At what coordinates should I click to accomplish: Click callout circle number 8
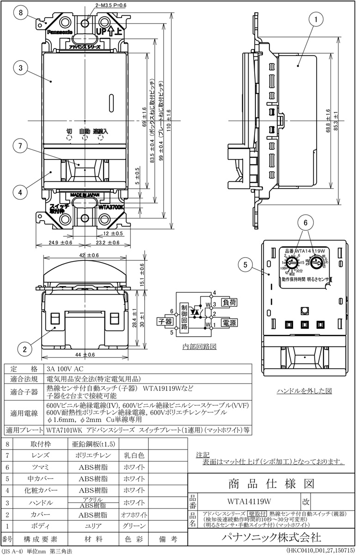(21, 13)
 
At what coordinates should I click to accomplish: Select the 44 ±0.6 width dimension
(84, 355)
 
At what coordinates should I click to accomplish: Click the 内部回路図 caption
(200, 345)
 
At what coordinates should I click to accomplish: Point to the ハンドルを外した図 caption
(304, 391)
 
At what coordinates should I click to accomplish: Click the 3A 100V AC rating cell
(66, 369)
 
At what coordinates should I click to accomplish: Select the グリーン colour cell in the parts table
(134, 526)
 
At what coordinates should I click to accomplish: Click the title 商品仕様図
(271, 484)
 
